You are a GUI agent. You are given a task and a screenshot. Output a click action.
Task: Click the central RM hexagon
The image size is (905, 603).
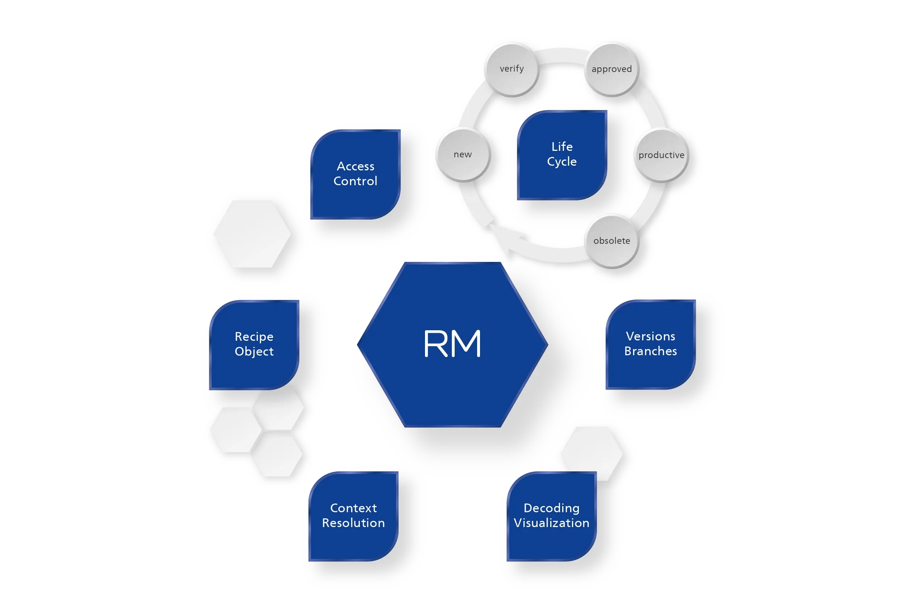coord(452,344)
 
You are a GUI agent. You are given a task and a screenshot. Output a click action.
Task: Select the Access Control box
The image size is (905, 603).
coord(355,174)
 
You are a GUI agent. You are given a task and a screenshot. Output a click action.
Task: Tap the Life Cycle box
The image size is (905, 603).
coord(562,154)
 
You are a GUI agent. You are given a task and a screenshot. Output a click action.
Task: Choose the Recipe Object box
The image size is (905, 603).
coord(254,344)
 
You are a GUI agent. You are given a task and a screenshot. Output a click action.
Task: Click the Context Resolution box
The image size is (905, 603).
coord(353,516)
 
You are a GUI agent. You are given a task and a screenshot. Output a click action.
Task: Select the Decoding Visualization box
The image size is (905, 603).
coord(551,516)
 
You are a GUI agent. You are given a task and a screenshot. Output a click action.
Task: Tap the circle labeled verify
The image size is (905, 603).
coord(512,69)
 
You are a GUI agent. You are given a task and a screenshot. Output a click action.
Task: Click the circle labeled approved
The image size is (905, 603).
coord(611,69)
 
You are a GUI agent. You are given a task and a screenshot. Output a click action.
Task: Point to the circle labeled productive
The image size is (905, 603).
coord(661,155)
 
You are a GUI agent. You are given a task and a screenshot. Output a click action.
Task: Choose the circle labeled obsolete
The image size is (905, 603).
coord(611,241)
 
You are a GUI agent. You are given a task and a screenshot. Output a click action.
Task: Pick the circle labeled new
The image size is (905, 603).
coord(463,154)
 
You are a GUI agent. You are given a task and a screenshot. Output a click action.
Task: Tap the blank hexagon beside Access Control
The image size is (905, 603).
coord(252,234)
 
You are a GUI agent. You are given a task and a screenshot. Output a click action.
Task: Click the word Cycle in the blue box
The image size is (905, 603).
coord(562,162)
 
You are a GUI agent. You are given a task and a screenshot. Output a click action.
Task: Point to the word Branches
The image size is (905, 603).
coord(650,351)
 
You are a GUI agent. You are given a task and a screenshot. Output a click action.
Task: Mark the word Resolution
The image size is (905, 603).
coord(353,523)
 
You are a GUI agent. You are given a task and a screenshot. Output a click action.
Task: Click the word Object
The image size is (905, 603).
coord(254,352)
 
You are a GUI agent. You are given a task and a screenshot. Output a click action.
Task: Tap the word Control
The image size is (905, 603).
coord(355,181)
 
